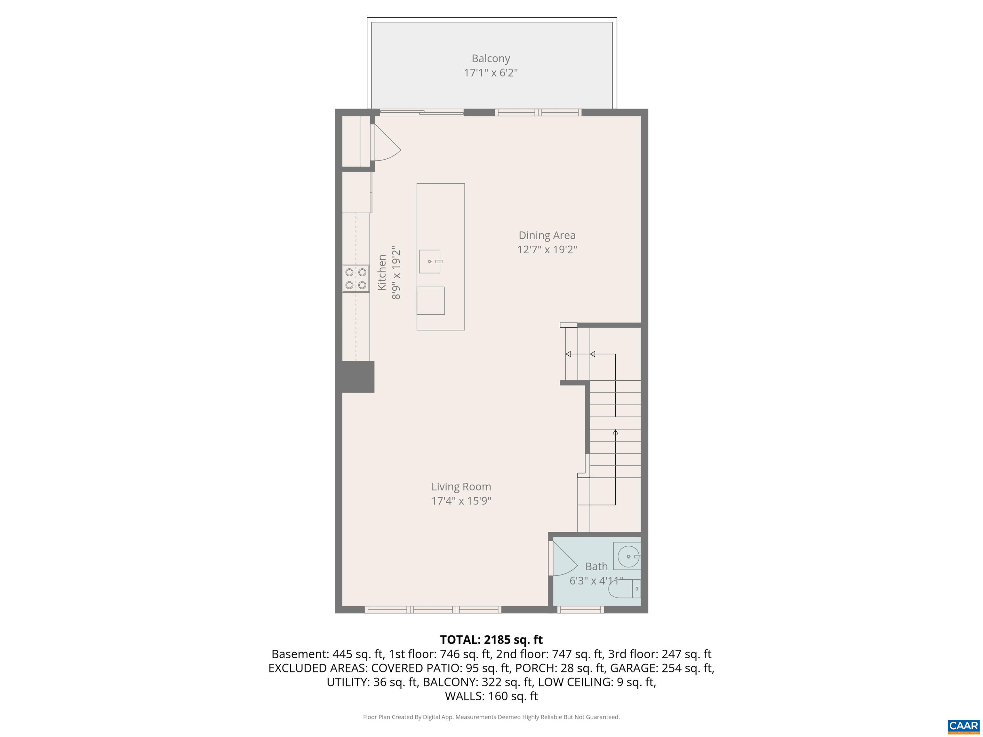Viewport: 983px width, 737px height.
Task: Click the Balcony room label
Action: [491, 58]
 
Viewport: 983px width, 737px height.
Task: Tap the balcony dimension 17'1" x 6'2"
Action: [491, 72]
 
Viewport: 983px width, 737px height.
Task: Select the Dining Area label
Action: [547, 235]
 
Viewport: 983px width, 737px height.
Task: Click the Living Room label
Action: [461, 487]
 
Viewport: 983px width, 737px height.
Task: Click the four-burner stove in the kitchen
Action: [356, 279]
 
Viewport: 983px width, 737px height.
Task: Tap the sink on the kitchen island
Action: [430, 261]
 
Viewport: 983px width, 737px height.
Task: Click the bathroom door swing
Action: [563, 560]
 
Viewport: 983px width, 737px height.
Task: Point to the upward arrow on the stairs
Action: [615, 432]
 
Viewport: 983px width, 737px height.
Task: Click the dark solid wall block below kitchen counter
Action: [358, 377]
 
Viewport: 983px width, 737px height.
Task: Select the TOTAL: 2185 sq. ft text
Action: [491, 640]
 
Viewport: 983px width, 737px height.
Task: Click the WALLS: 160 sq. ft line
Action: [491, 696]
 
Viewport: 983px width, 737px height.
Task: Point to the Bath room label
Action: [596, 567]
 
